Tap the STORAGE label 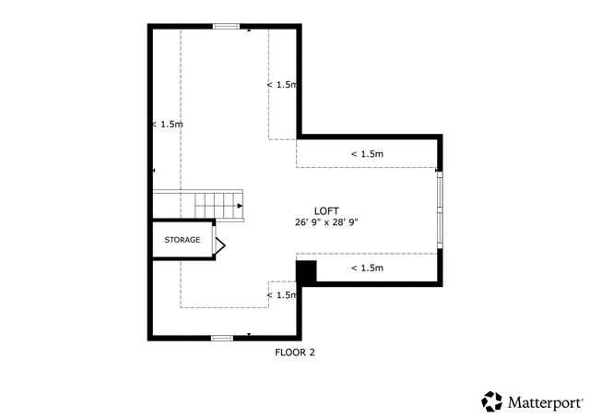point(182,240)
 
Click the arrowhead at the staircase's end point(240,206)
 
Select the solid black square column point(306,271)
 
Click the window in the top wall point(226,26)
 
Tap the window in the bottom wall point(221,338)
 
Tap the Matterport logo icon point(492,401)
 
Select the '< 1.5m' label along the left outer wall point(167,124)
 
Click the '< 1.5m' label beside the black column point(366,268)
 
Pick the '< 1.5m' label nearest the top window point(282,85)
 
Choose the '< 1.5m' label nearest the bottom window point(282,295)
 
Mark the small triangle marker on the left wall point(154,171)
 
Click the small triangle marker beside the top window point(249,30)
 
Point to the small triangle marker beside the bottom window point(249,334)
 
